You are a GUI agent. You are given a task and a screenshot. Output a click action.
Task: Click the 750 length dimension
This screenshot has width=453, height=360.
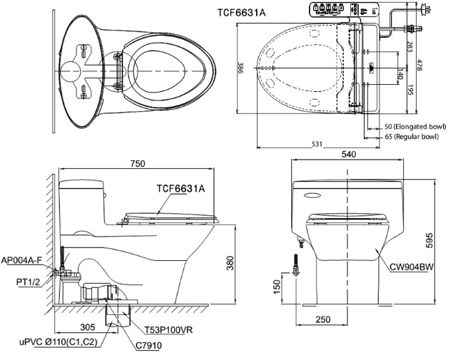(137, 164)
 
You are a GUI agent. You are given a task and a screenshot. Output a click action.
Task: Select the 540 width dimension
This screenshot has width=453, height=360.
(350, 153)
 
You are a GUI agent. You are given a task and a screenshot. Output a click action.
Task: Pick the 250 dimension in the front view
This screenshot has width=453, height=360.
(324, 319)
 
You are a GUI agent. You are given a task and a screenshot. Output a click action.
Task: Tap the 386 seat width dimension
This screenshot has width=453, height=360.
(240, 70)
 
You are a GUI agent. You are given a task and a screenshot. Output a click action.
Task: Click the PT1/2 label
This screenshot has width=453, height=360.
(29, 282)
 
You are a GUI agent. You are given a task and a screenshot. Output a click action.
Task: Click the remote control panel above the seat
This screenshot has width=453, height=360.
(343, 11)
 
